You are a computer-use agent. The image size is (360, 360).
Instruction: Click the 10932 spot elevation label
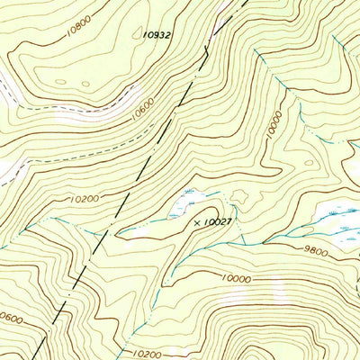pyautogui.click(x=157, y=33)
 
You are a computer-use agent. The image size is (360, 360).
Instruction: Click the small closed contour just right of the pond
pyautogui.click(x=239, y=193)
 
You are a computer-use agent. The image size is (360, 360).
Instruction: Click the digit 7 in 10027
pyautogui.click(x=230, y=220)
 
